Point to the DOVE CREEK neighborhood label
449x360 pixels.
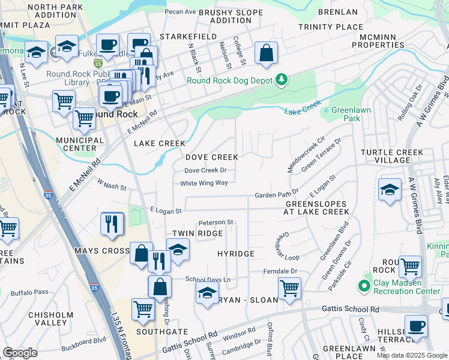[211, 157]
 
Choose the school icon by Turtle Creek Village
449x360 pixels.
[390, 191]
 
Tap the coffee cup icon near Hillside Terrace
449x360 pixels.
[416, 326]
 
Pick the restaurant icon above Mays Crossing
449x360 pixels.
[112, 224]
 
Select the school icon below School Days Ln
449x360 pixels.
[207, 294]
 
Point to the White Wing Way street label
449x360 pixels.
[204, 183]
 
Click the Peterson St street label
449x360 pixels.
[215, 222]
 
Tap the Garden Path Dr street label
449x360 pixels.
[277, 195]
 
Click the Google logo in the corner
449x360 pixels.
[20, 353]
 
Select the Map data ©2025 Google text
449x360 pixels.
[412, 355]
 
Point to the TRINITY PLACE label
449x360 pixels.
[331, 27]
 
